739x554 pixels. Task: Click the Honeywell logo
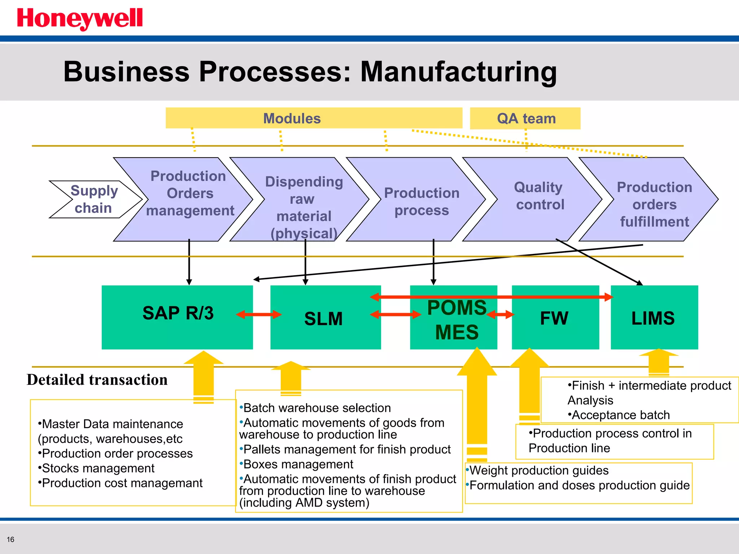coord(80,19)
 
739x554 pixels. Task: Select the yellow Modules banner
coord(313,118)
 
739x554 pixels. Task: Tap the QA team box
coord(525,118)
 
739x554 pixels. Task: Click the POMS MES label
coord(457,320)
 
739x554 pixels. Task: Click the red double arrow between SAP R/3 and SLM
coord(259,315)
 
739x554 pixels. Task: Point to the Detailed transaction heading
coord(97,380)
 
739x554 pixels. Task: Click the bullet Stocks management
coord(97,469)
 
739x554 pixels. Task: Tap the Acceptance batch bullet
coord(619,415)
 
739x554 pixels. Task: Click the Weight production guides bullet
coord(538,471)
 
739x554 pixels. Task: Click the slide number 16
coord(10,540)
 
